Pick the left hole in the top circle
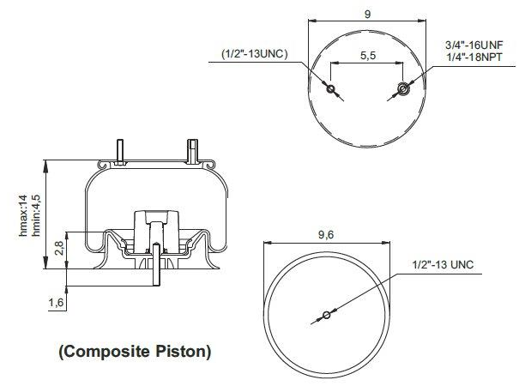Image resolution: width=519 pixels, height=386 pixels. click(332, 87)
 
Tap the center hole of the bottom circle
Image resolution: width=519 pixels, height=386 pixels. click(326, 315)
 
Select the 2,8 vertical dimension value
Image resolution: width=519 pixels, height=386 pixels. click(57, 249)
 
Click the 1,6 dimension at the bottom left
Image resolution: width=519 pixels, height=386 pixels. click(57, 302)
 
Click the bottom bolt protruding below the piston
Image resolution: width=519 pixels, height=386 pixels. click(155, 273)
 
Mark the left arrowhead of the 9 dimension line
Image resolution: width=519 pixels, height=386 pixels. click(311, 24)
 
